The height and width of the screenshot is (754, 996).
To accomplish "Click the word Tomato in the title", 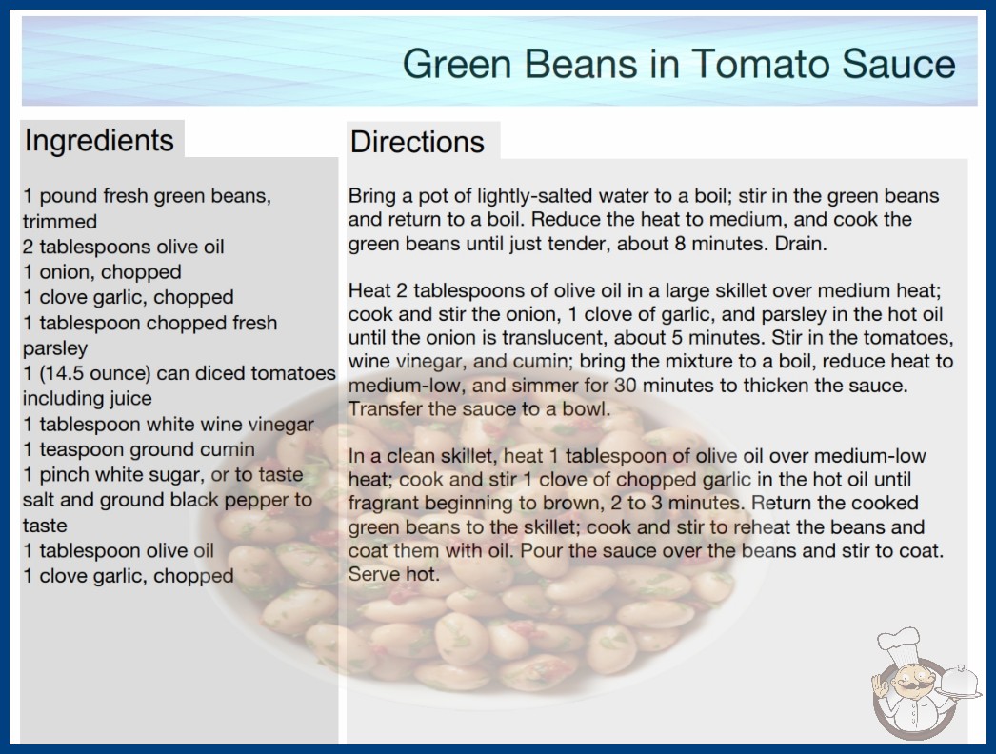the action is point(760,64).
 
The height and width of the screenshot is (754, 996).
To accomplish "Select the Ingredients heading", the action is point(99,140).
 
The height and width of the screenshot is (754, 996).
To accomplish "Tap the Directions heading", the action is point(417,142).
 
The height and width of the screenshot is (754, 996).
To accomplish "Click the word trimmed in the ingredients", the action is point(60,222).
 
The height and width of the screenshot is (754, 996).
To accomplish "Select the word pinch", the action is point(66,474).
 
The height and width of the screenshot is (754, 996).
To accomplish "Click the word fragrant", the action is point(384,503).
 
